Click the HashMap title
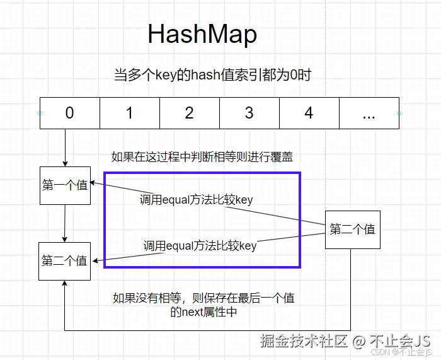pos(202,34)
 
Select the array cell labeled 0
pos(69,113)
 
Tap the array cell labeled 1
pos(129,113)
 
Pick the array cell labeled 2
pos(189,113)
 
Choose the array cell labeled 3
pos(249,113)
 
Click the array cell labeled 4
pos(309,113)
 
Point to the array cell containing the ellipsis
pos(369,113)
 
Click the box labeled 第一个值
pos(65,185)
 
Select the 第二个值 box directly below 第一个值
pos(64,260)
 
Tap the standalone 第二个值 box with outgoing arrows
pos(352,229)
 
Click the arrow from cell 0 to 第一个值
pos(65,148)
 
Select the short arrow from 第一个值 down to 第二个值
pos(65,223)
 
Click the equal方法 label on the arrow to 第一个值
pos(196,200)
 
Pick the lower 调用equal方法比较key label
pos(200,246)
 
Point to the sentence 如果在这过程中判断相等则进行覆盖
pos(202,156)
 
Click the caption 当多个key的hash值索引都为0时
pos(212,74)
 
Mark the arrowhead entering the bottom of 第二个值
pos(65,283)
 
